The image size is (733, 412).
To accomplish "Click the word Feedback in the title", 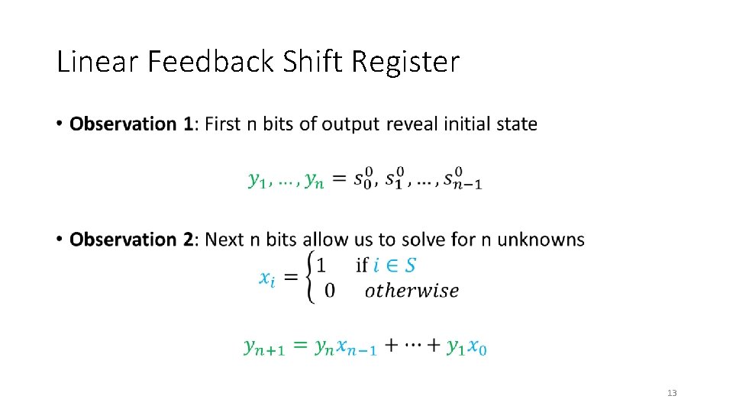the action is (210, 62).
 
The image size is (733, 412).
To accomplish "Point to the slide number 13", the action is (672, 393).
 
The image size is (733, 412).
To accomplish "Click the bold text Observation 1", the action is (131, 124).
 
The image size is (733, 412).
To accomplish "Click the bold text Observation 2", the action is (131, 240).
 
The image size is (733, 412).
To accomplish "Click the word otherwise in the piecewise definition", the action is (412, 291).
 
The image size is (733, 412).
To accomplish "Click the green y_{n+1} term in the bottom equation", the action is (264, 347).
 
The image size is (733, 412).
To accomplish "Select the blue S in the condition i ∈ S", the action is (410, 265).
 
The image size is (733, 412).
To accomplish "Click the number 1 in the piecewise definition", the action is (321, 266).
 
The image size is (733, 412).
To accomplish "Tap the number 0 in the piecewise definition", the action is (329, 291).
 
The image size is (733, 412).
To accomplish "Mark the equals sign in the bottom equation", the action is (300, 346).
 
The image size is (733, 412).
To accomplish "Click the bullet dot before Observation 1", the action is (60, 124).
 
